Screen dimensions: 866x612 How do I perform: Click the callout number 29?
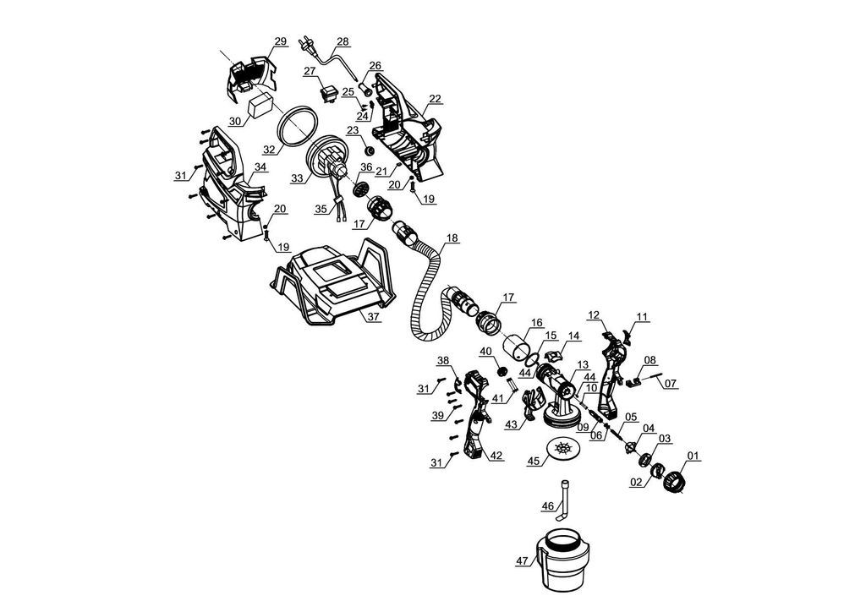pyautogui.click(x=281, y=41)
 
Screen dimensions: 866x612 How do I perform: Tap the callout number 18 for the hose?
pyautogui.click(x=452, y=238)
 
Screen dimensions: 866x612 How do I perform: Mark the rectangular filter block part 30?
pyautogui.click(x=260, y=105)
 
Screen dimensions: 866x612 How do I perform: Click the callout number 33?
pyautogui.click(x=297, y=179)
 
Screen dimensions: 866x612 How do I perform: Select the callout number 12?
pyautogui.click(x=594, y=315)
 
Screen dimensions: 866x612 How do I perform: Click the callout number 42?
pyautogui.click(x=496, y=456)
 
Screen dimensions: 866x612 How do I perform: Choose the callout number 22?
pyautogui.click(x=436, y=99)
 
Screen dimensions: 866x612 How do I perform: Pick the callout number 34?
pyautogui.click(x=260, y=167)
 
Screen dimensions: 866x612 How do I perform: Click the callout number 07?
pyautogui.click(x=670, y=384)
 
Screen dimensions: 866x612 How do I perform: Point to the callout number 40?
pyautogui.click(x=485, y=351)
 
